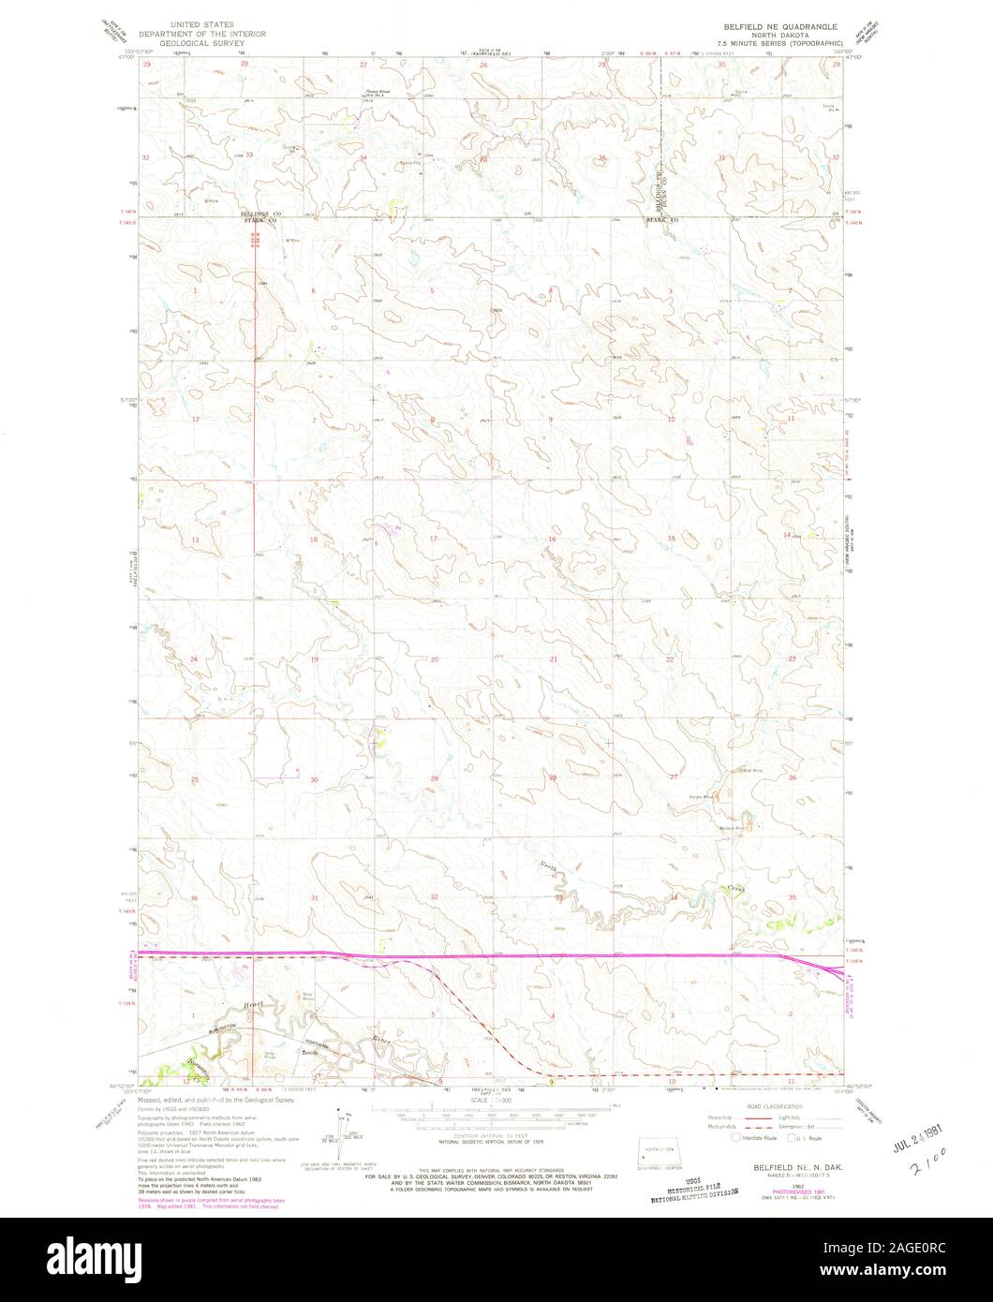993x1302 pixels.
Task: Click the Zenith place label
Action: pyautogui.click(x=304, y=1053)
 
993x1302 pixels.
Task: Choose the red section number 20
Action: pyautogui.click(x=435, y=660)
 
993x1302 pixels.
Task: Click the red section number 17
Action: pyautogui.click(x=434, y=540)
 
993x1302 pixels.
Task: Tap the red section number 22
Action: pyautogui.click(x=670, y=660)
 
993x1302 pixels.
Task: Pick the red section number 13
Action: pyautogui.click(x=197, y=541)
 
